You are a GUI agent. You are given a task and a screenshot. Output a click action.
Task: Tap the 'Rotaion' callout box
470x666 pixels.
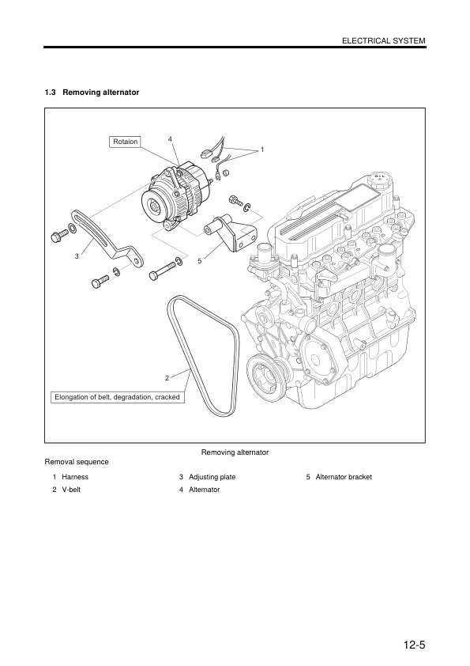pyautogui.click(x=125, y=142)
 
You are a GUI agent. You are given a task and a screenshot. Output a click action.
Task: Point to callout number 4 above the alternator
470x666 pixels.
pyautogui.click(x=170, y=140)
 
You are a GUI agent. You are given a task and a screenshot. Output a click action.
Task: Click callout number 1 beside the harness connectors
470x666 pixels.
pyautogui.click(x=261, y=149)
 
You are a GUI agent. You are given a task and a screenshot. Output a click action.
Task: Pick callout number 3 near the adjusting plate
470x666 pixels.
pyautogui.click(x=77, y=255)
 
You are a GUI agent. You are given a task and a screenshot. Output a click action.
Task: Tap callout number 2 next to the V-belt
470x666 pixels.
pyautogui.click(x=167, y=377)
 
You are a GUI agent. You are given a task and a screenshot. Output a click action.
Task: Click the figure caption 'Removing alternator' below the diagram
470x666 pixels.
pyautogui.click(x=235, y=452)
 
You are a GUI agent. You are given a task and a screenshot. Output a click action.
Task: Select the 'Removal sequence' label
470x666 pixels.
pyautogui.click(x=77, y=461)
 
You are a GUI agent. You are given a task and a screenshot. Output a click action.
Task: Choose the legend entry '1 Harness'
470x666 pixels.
pyautogui.click(x=70, y=477)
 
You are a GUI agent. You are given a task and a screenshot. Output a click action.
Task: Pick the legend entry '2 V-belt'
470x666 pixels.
pyautogui.click(x=68, y=490)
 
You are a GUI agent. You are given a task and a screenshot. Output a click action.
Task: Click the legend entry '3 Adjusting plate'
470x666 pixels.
pyautogui.click(x=207, y=477)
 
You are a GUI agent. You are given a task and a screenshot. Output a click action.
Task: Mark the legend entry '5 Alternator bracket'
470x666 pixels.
pyautogui.click(x=339, y=477)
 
